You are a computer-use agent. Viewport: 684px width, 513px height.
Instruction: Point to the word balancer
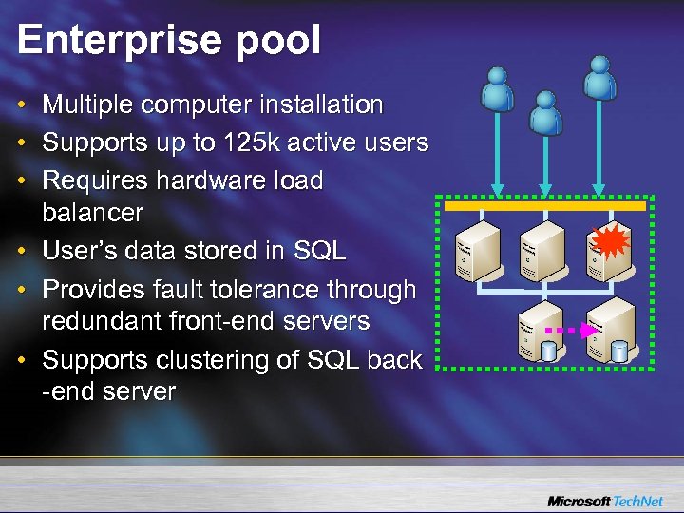point(92,212)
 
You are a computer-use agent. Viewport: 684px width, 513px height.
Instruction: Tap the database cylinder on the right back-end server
point(619,351)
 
